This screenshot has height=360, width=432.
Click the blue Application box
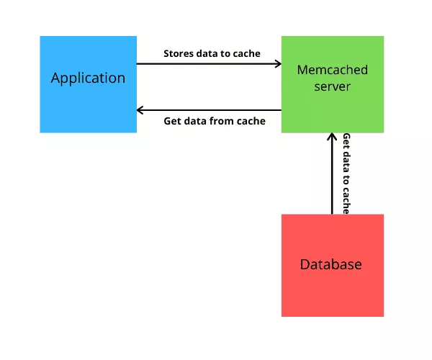(x=88, y=84)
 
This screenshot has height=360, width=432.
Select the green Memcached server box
(x=333, y=84)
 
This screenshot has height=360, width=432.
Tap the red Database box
(x=333, y=266)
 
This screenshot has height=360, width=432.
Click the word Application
(x=88, y=78)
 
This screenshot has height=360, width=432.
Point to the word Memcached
(x=333, y=70)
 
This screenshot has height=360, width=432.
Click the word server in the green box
(x=333, y=87)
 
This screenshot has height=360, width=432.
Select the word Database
(x=331, y=264)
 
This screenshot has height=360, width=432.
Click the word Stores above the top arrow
(x=179, y=53)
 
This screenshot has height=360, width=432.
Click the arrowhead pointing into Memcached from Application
(x=278, y=64)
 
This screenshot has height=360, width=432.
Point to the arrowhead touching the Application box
(x=140, y=110)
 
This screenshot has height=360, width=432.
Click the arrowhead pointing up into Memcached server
(x=332, y=136)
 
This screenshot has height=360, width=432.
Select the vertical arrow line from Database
(x=332, y=174)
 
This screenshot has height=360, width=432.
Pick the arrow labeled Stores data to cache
(x=209, y=64)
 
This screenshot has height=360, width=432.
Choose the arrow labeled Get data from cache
(x=209, y=110)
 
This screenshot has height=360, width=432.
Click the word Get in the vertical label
(x=346, y=141)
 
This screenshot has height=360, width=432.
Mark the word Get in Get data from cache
(x=172, y=121)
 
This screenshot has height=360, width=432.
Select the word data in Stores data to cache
(x=207, y=53)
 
